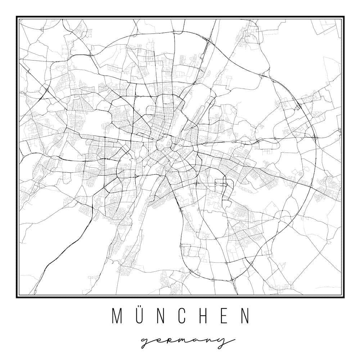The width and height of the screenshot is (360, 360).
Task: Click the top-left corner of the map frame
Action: coord(17,17)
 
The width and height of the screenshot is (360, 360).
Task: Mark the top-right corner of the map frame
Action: coord(343,17)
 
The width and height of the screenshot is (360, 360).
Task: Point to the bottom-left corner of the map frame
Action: coord(17,297)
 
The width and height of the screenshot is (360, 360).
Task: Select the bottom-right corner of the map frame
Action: coord(343,297)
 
